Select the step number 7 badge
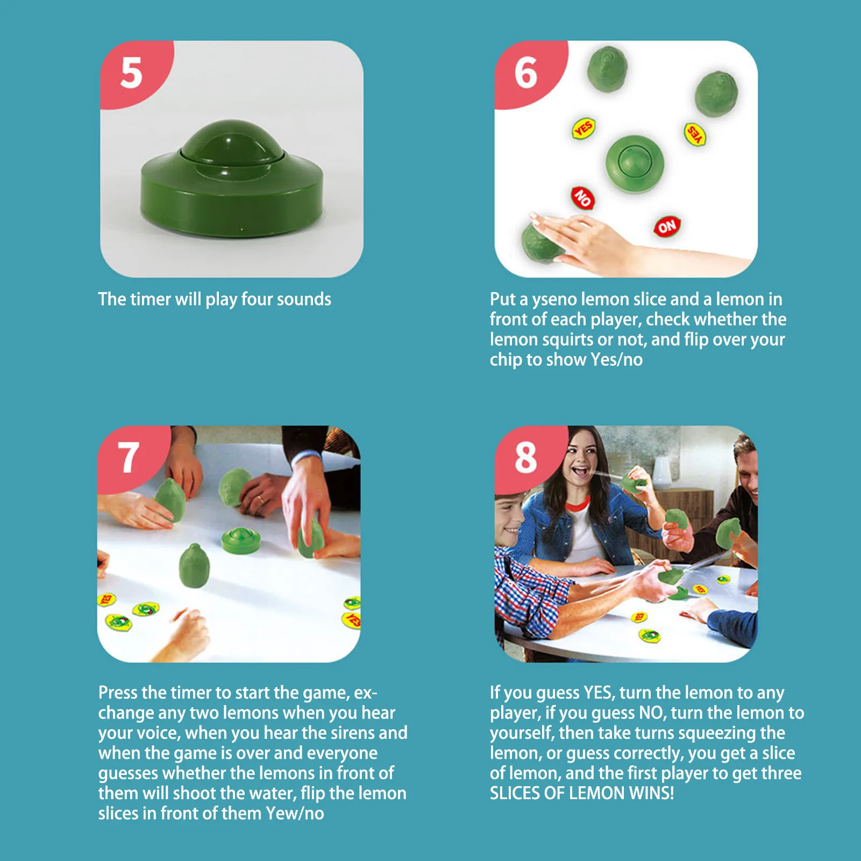(129, 458)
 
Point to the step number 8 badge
(526, 458)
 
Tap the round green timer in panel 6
(635, 163)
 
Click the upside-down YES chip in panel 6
(695, 134)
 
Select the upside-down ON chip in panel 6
(667, 226)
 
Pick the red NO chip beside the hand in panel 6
(582, 198)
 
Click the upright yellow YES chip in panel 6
(583, 129)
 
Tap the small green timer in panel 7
(241, 540)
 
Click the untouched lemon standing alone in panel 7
(194, 566)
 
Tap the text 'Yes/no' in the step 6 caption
(616, 359)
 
